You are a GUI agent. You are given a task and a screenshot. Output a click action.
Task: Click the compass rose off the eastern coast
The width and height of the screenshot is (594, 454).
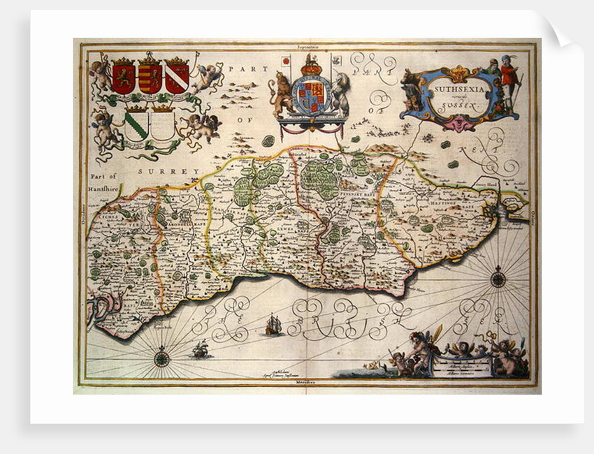[x=498, y=279]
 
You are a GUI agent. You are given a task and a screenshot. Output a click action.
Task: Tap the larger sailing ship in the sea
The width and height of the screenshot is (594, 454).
[x=273, y=325]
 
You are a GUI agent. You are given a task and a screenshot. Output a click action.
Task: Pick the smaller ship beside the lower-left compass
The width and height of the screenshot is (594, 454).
[x=201, y=349]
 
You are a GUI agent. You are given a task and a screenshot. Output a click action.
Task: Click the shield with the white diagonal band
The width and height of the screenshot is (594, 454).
[x=177, y=77]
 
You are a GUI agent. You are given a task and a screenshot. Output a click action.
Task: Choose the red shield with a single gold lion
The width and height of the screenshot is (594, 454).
[x=123, y=77]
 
